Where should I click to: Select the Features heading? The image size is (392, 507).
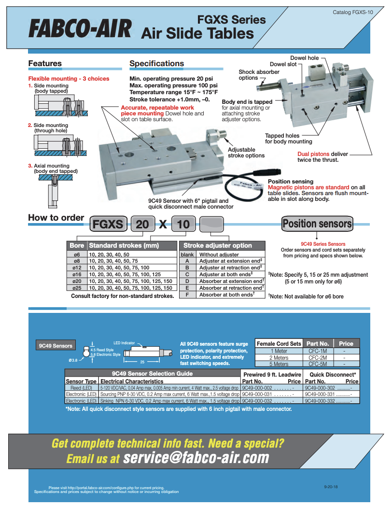(x=45, y=63)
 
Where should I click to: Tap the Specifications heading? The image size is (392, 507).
(x=156, y=63)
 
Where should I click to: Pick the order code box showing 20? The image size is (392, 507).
(x=142, y=224)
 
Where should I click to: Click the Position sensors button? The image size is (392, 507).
(x=317, y=224)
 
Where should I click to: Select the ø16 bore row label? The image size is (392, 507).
(x=77, y=274)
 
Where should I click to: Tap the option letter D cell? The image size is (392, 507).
(x=187, y=281)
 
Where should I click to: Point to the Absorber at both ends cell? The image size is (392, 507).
(x=226, y=295)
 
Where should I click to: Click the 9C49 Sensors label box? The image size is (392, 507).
(x=56, y=345)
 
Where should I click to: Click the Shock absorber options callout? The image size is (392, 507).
(x=259, y=75)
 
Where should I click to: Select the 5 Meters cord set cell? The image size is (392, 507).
(x=279, y=364)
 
